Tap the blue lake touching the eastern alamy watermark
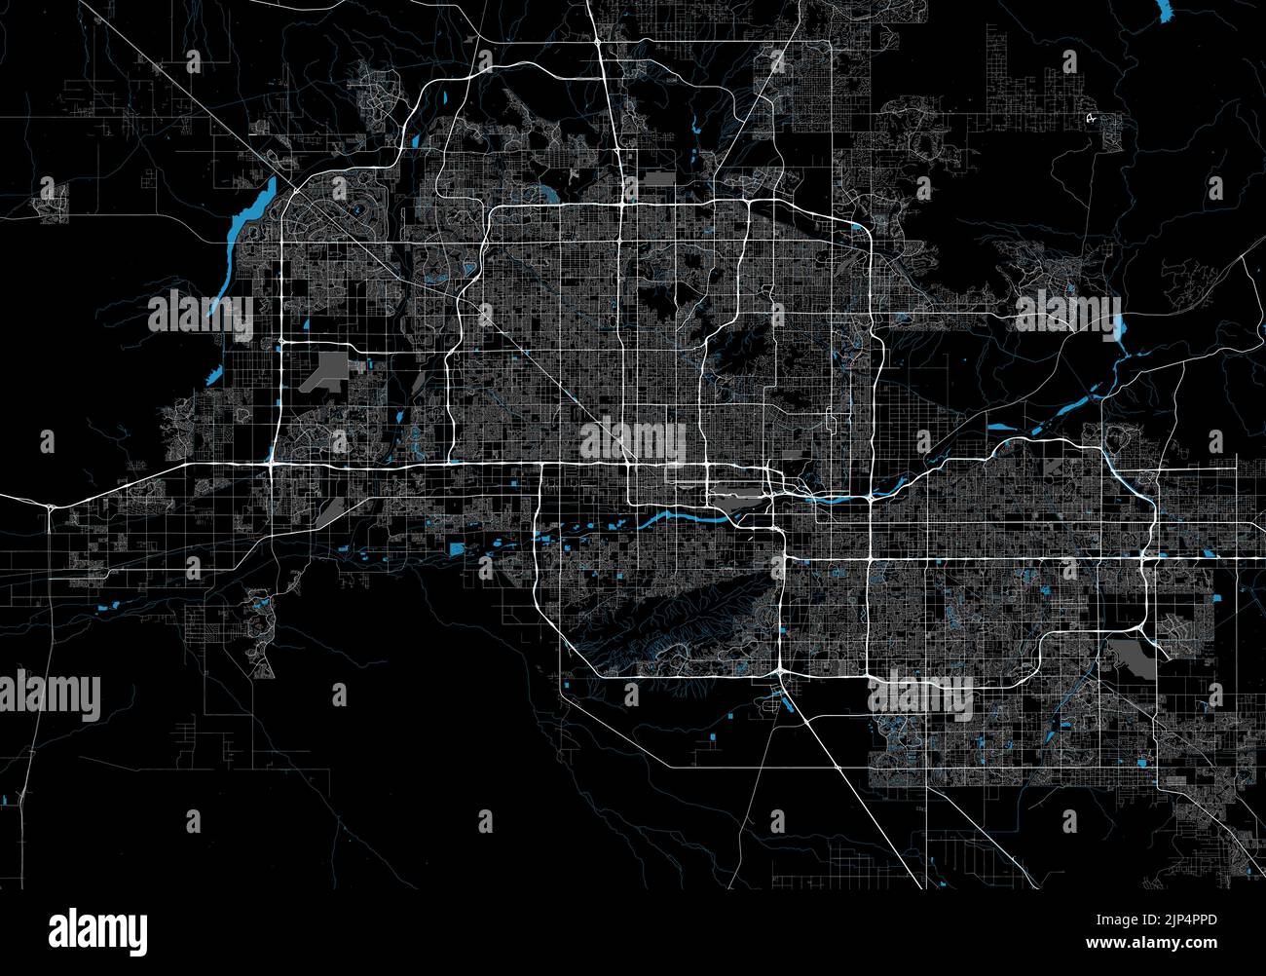coord(1117,328)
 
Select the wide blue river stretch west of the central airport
coord(682,516)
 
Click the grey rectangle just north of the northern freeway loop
coord(658,177)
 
